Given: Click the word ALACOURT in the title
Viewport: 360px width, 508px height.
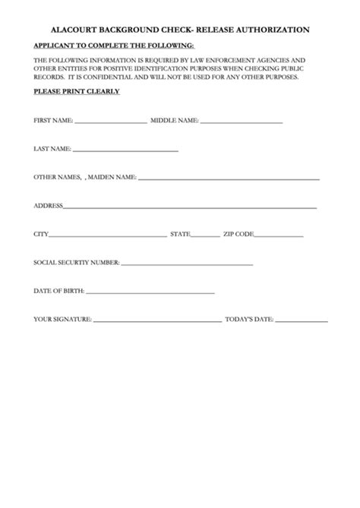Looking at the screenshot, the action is point(77,30).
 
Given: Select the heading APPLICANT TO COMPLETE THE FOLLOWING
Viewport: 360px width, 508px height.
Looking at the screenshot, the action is point(114,46).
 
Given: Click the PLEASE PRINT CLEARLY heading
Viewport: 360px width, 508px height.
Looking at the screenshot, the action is point(76,92).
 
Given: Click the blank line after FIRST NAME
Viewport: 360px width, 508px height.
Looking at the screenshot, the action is point(110,122).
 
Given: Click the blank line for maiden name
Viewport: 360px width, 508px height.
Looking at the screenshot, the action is point(228,179).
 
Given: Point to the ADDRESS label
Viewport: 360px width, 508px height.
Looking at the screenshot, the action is point(48,206).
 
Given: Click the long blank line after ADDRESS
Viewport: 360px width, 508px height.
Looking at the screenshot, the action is point(190,207).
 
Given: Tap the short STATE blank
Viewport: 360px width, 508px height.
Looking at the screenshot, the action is point(204,236).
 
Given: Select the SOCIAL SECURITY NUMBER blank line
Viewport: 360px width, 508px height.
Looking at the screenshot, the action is point(186,264).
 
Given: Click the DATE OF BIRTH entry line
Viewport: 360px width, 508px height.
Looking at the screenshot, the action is point(150,293).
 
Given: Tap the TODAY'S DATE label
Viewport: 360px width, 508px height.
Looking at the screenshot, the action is point(248,320).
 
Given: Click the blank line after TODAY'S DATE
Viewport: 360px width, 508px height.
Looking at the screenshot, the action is point(301,321).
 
